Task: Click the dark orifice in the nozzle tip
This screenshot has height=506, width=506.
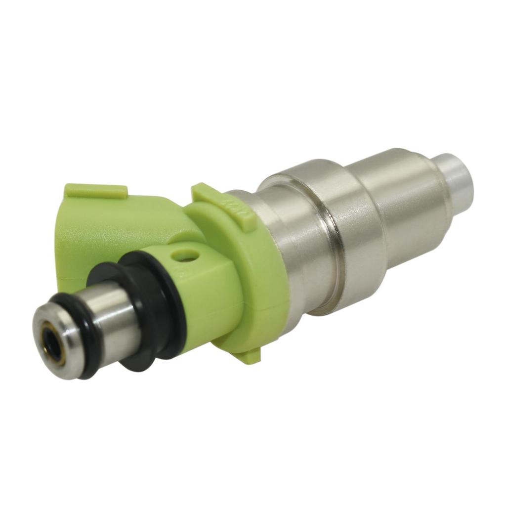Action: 52,340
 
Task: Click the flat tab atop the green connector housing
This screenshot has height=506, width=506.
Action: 96,191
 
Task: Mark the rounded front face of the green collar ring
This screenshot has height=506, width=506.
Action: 262,277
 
